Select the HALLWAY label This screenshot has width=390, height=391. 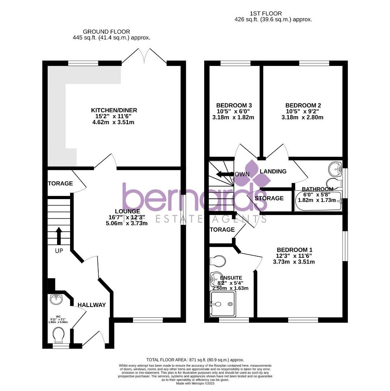(x=92, y=305)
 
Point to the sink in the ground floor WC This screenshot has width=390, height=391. (x=57, y=299)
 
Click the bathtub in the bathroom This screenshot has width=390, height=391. (x=318, y=202)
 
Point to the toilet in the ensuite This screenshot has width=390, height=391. (x=218, y=261)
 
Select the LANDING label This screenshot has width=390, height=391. (x=273, y=171)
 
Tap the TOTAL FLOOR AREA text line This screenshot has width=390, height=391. (x=195, y=360)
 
